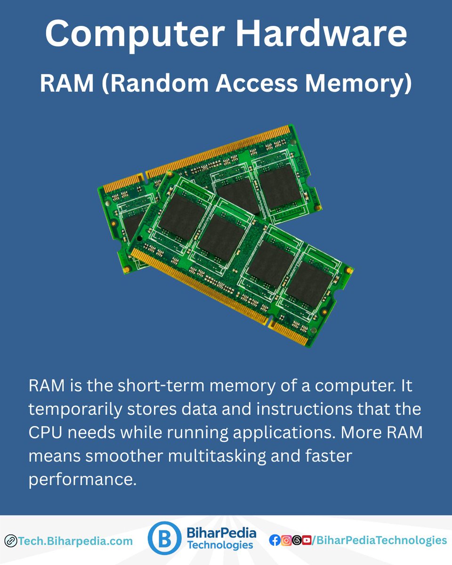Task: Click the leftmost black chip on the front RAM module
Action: (182, 217)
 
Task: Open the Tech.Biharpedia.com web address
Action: (75, 541)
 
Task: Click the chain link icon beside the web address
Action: (10, 541)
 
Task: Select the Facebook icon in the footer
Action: (274, 541)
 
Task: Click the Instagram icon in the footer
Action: (285, 541)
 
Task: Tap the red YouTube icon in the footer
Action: (307, 541)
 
